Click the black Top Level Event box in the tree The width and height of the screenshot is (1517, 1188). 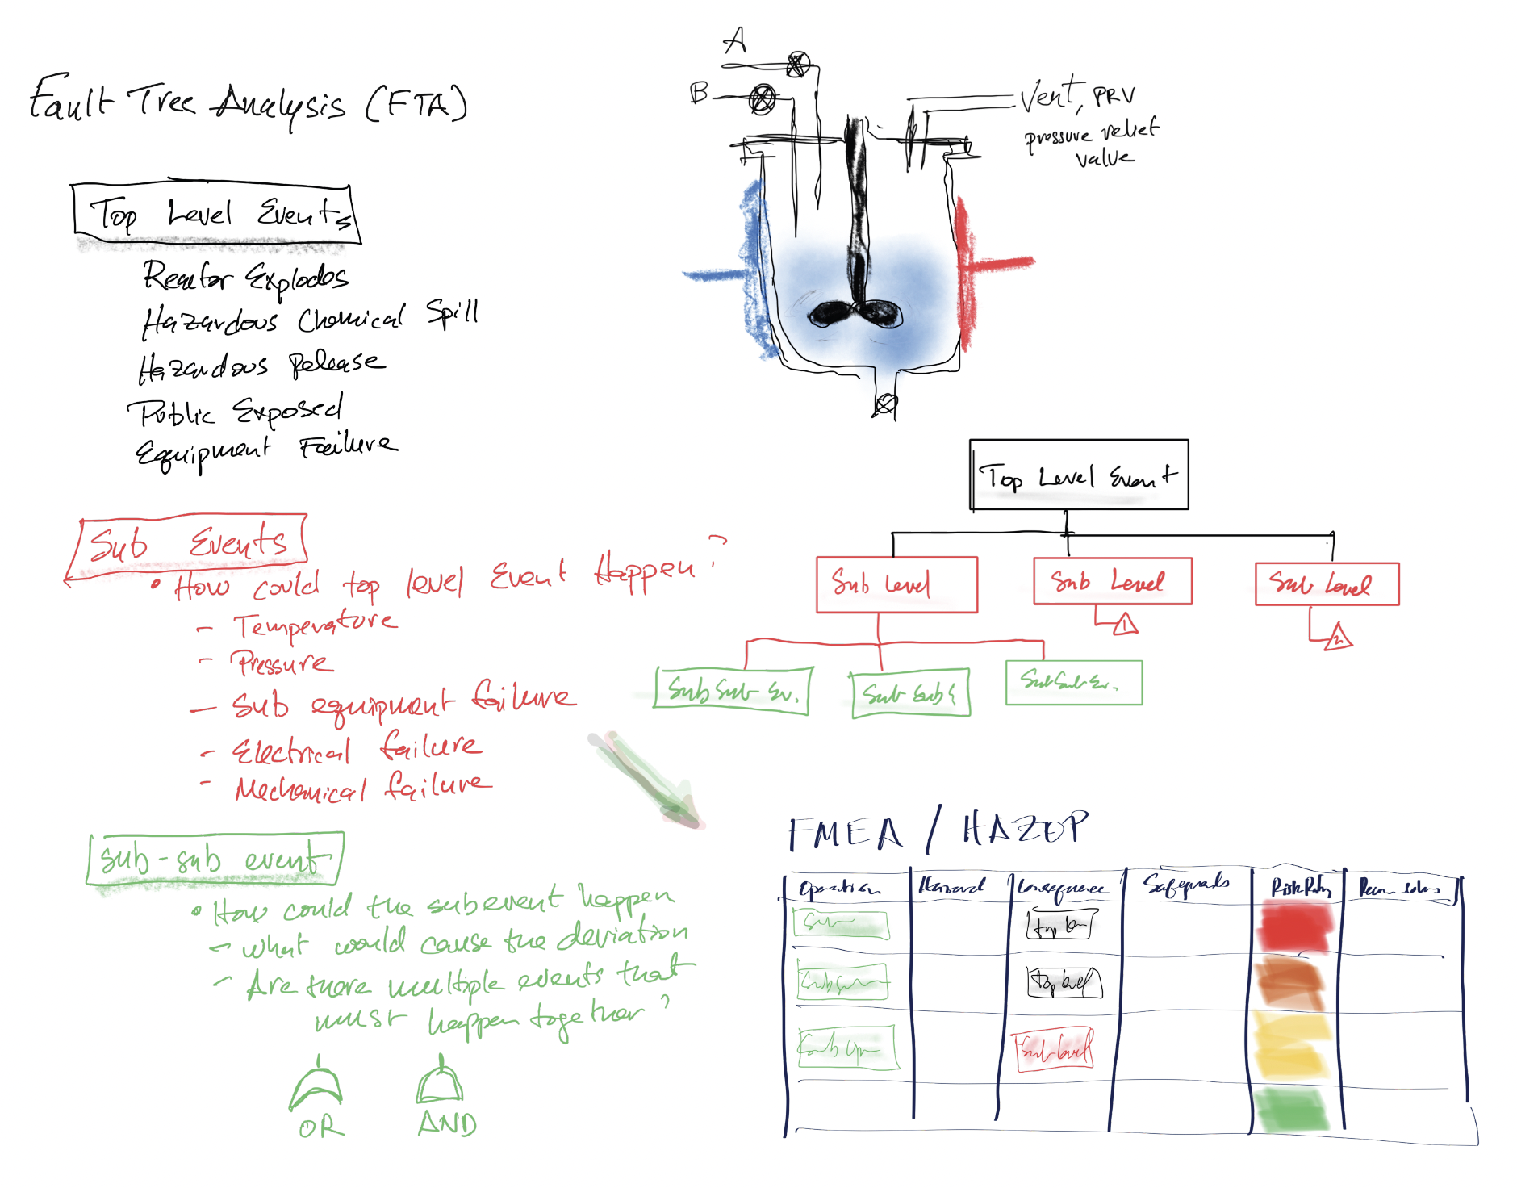point(1078,475)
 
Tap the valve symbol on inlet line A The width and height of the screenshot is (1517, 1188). point(798,64)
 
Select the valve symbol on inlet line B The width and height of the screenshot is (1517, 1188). point(762,98)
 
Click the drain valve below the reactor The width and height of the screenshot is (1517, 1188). point(886,404)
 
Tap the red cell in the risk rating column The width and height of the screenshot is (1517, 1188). point(1294,927)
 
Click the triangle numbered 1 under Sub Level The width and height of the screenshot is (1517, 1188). point(1125,624)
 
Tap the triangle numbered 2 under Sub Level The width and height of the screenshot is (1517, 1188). point(1338,637)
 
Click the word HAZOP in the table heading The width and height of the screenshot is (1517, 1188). point(1025,829)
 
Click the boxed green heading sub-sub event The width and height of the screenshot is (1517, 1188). point(215,858)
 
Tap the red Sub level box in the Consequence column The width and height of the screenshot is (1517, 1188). point(1054,1050)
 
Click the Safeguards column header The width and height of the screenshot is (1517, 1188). point(1186,885)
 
